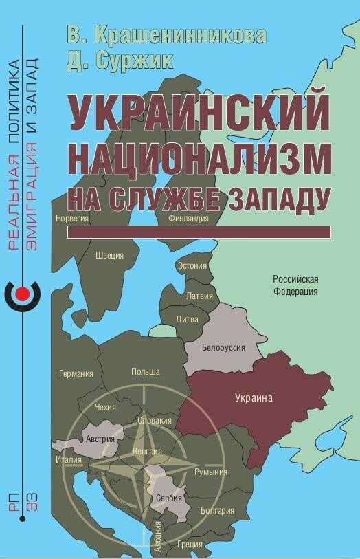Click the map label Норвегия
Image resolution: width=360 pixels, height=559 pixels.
[x=72, y=219]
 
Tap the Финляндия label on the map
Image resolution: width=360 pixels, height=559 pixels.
[x=188, y=219]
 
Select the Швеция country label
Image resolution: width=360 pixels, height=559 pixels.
[x=110, y=256]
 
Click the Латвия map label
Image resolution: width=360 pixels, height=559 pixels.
[x=199, y=296]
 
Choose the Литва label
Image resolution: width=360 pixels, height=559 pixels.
[x=188, y=320]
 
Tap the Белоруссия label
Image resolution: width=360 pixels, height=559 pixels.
[x=223, y=348]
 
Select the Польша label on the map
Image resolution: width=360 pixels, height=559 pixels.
[x=145, y=372]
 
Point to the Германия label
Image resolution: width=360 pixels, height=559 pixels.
[x=76, y=374]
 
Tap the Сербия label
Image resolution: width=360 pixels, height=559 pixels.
[x=168, y=498]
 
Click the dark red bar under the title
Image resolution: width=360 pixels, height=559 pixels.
[x=199, y=232]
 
